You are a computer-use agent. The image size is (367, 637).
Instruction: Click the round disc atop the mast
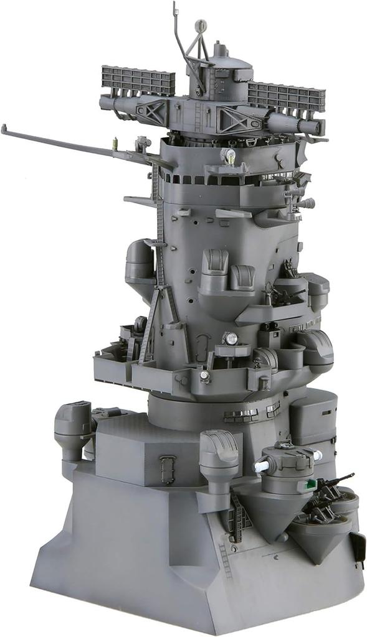coord(200,26)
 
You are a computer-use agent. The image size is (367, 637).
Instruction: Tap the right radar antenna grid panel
coord(286,97)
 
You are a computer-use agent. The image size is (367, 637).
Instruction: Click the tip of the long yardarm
coord(4,129)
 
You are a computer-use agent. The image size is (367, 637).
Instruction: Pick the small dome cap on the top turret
coord(217,49)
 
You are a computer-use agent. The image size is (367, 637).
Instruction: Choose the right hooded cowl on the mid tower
coord(242,276)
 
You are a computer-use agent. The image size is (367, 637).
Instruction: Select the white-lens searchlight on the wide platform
coord(231,339)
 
